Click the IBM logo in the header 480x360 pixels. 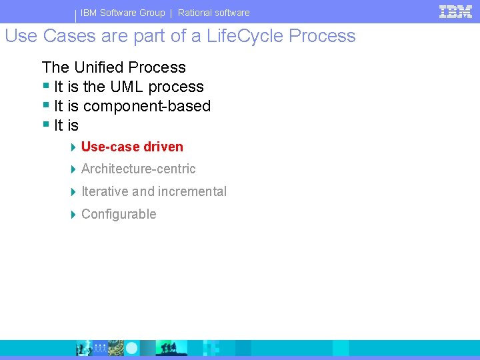click(x=455, y=11)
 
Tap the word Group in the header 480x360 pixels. click(x=151, y=13)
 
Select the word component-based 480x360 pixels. click(x=147, y=106)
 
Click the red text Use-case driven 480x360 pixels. click(x=132, y=147)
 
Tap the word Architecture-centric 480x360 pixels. click(x=138, y=169)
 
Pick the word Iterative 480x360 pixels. click(x=105, y=192)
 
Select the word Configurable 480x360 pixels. click(x=119, y=215)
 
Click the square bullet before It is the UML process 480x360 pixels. click(x=46, y=86)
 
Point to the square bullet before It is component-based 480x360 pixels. click(x=46, y=105)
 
